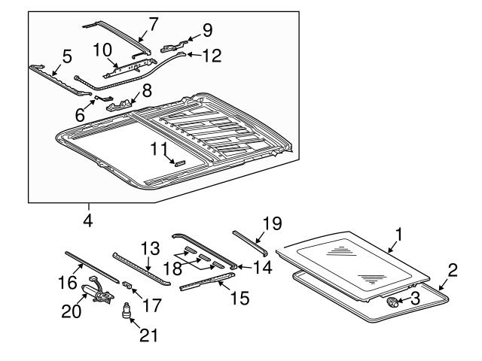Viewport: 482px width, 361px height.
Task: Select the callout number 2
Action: click(453, 271)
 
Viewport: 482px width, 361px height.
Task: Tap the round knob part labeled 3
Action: click(392, 302)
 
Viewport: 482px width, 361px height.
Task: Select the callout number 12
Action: click(214, 55)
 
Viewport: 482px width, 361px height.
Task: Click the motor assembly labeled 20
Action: click(98, 294)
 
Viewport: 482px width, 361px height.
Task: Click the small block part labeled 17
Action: click(127, 284)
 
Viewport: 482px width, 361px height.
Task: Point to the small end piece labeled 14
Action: click(234, 265)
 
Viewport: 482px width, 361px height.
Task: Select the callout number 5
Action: click(67, 56)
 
